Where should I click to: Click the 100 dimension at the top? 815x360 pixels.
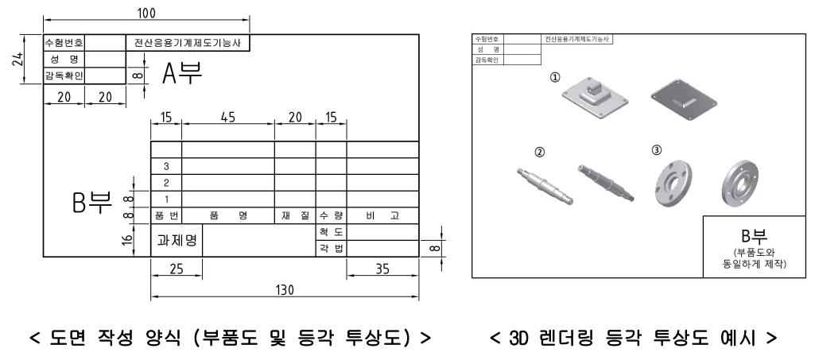(x=146, y=13)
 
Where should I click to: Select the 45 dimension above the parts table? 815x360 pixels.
(x=227, y=117)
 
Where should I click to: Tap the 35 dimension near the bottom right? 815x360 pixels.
(x=382, y=269)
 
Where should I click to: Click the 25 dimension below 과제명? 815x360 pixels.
(x=176, y=269)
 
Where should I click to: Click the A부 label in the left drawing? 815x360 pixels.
(x=182, y=74)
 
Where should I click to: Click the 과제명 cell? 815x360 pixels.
(x=177, y=239)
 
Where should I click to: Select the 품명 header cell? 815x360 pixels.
(x=228, y=215)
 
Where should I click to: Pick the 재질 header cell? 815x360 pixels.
(x=295, y=215)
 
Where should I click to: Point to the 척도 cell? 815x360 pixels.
(x=331, y=231)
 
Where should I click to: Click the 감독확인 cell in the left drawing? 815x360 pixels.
(x=63, y=75)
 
